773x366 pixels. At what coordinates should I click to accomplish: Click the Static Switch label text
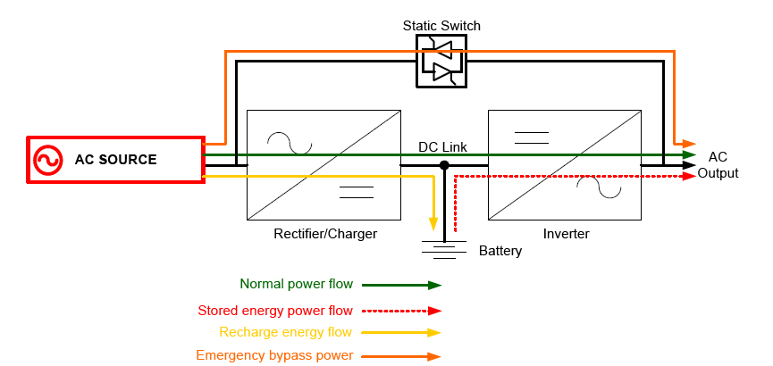pyautogui.click(x=441, y=26)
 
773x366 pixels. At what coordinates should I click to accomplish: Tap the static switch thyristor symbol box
pyautogui.click(x=441, y=62)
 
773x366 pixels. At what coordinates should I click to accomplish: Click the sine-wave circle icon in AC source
pyautogui.click(x=46, y=161)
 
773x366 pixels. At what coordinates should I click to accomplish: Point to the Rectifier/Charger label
pyautogui.click(x=325, y=234)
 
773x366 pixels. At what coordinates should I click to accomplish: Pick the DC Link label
pyautogui.click(x=442, y=147)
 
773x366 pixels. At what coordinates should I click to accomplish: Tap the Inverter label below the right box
pyautogui.click(x=567, y=234)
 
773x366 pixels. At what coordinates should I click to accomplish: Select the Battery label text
pyautogui.click(x=500, y=251)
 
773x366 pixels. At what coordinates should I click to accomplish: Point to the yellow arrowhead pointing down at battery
pyautogui.click(x=434, y=224)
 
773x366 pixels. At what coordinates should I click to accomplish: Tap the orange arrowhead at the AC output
pyautogui.click(x=689, y=143)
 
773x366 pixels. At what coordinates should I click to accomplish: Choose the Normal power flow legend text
pyautogui.click(x=296, y=285)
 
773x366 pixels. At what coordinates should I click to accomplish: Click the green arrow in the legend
pyautogui.click(x=403, y=286)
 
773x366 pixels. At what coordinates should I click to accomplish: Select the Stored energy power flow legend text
pyautogui.click(x=275, y=311)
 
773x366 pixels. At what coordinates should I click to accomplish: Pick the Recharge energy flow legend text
pyautogui.click(x=286, y=332)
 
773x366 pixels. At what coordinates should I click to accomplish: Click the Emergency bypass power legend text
pyautogui.click(x=274, y=355)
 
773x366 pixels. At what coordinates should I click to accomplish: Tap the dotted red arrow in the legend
pyautogui.click(x=403, y=311)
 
